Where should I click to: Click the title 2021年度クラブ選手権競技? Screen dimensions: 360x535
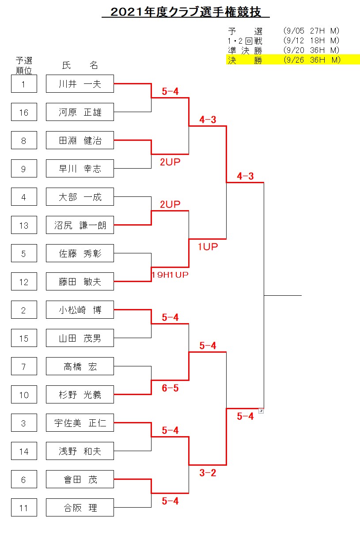(x=186, y=12)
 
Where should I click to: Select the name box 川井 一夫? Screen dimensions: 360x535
(x=80, y=83)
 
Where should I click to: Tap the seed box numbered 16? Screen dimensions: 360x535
(x=24, y=112)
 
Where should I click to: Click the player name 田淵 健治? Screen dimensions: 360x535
(x=80, y=140)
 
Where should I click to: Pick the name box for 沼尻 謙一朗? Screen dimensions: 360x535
(x=80, y=225)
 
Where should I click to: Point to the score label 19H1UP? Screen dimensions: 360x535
(x=170, y=275)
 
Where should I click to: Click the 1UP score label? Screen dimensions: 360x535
(x=208, y=246)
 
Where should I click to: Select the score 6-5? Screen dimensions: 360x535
(x=170, y=388)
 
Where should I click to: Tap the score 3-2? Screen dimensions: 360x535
(x=208, y=473)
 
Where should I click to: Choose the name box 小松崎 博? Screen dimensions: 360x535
(x=80, y=309)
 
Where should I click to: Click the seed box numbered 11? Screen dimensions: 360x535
(x=24, y=507)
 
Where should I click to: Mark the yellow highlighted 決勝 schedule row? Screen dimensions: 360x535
(x=293, y=60)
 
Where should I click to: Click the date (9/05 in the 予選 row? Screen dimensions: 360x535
(x=294, y=31)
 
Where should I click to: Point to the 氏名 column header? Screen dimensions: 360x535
(x=80, y=65)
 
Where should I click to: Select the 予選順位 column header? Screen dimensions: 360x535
(x=24, y=65)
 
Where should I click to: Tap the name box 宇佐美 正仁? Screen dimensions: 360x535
(x=80, y=422)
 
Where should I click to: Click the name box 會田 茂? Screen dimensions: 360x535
(x=80, y=479)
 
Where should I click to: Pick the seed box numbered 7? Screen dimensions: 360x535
(x=24, y=366)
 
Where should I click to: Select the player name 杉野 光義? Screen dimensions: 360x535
(x=80, y=395)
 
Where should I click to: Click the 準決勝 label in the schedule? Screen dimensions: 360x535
(x=245, y=50)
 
